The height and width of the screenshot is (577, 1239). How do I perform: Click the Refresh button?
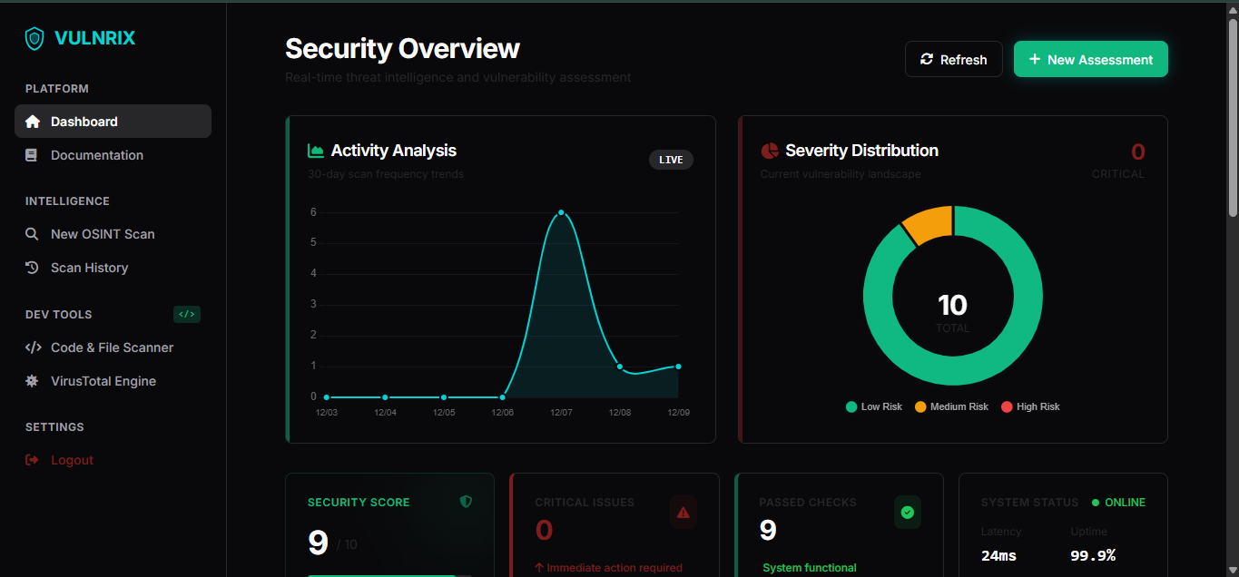(953, 60)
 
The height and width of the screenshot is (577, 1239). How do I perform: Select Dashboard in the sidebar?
(113, 122)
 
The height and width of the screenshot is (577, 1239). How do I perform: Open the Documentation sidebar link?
(96, 155)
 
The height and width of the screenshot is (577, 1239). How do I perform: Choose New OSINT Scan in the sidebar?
(102, 234)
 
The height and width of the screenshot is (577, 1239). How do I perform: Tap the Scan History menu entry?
(89, 268)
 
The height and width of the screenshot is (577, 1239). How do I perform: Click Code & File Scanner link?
(112, 347)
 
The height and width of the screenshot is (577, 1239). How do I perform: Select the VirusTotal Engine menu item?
(103, 381)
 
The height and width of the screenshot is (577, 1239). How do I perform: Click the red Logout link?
(72, 460)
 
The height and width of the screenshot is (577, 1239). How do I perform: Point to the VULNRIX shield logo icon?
(34, 38)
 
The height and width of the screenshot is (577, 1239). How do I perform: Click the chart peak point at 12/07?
(561, 212)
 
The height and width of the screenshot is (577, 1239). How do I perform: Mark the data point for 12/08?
(620, 367)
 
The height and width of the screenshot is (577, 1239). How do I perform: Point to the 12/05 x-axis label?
(444, 413)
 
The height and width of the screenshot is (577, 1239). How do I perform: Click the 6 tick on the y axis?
(313, 212)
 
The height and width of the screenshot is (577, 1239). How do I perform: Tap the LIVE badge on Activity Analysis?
(671, 160)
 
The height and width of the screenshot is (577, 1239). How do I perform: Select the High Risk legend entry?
(1030, 406)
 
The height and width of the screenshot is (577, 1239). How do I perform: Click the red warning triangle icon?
(683, 513)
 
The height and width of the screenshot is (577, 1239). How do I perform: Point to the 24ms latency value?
(999, 555)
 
